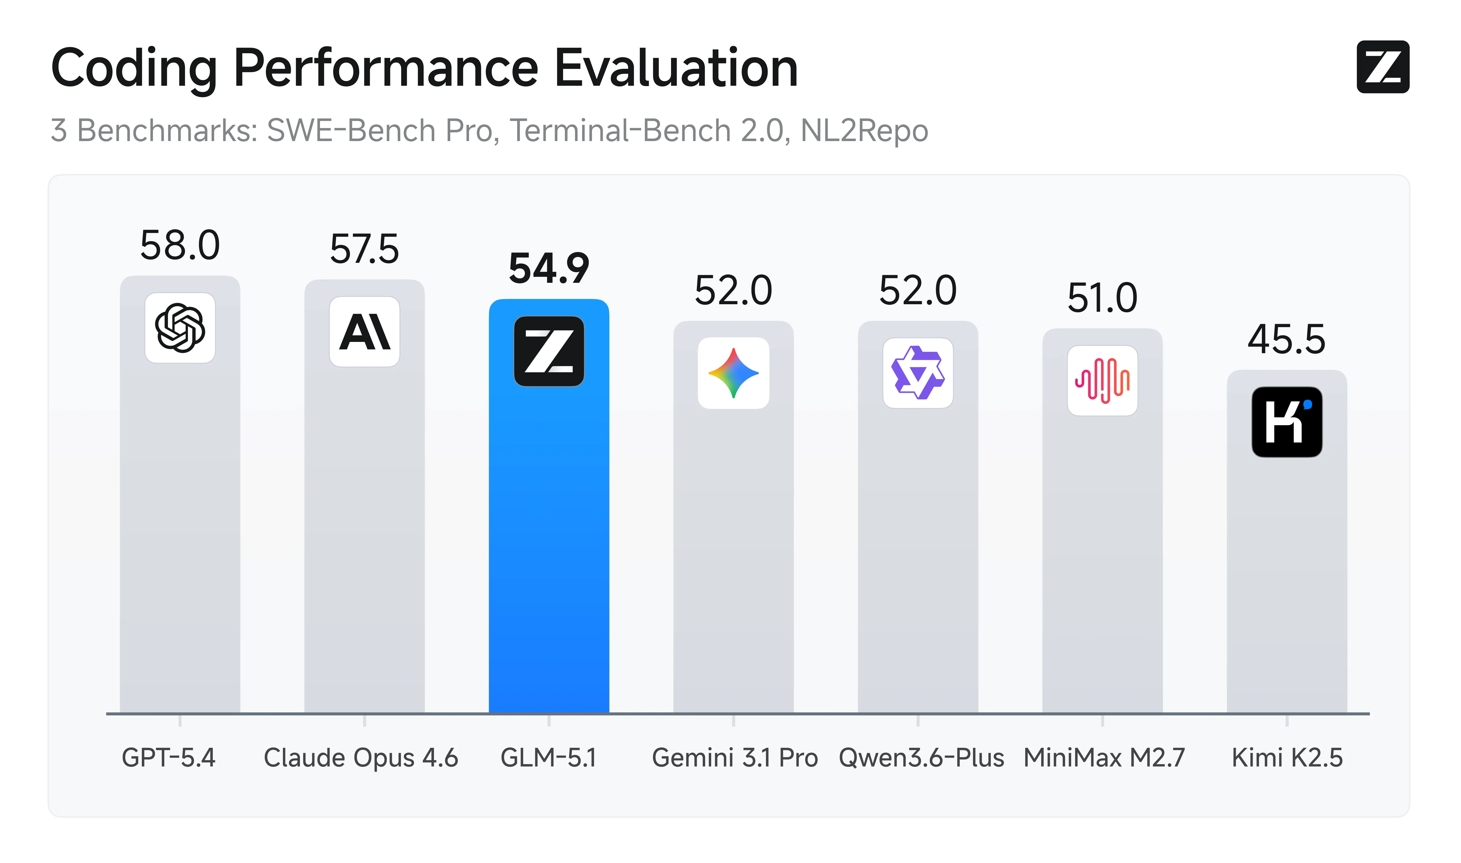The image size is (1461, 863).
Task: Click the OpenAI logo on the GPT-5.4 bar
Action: (180, 328)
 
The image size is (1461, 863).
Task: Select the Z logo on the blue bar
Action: (549, 351)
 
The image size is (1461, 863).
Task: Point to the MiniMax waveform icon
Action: (1102, 380)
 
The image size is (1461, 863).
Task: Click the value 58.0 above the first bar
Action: (180, 245)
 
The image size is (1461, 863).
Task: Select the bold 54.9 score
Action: (549, 269)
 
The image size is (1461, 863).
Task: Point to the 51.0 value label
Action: (1102, 298)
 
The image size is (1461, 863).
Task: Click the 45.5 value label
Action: (1287, 340)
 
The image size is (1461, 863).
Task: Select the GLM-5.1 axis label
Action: (549, 758)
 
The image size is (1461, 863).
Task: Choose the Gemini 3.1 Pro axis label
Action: (735, 758)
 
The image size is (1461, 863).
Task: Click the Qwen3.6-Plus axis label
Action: (922, 758)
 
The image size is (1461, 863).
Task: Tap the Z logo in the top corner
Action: (1382, 67)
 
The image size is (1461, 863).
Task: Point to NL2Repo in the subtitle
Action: (864, 130)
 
